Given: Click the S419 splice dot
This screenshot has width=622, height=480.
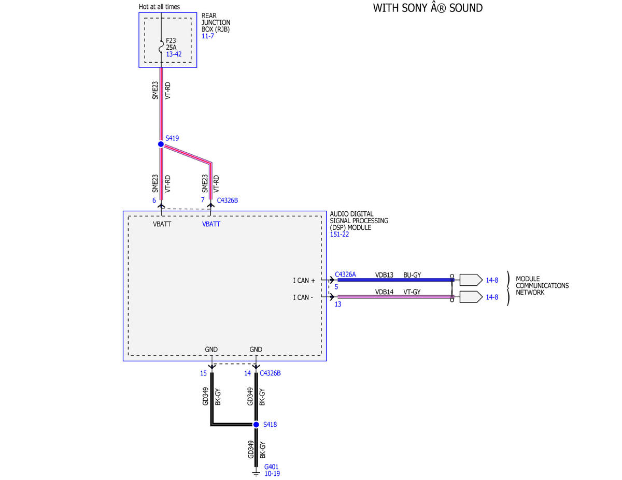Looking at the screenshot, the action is [161, 144].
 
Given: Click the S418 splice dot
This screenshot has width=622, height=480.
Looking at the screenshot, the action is [256, 425].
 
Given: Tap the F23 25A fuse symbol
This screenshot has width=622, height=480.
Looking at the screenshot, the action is [161, 47].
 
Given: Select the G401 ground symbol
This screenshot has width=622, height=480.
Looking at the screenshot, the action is [256, 473].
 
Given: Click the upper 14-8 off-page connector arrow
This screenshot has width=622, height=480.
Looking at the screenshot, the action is [471, 280].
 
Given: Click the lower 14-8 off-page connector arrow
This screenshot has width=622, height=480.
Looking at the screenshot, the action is [471, 297].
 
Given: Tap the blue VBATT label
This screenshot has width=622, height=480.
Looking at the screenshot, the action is [211, 224].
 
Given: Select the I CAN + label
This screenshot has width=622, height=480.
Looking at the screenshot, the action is [304, 281].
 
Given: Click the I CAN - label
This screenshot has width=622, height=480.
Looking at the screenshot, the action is [303, 297].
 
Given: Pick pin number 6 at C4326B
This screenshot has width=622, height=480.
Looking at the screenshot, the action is [154, 200].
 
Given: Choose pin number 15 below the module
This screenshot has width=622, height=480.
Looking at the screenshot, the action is [203, 373].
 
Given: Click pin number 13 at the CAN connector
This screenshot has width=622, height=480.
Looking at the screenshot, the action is [338, 304].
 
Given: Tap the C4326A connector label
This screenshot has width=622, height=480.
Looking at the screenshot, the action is [345, 274].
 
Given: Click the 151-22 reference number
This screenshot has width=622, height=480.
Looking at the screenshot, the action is [340, 235].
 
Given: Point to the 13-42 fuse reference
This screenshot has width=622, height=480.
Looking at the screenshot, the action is [174, 54].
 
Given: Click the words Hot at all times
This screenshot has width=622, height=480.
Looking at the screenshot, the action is [159, 7].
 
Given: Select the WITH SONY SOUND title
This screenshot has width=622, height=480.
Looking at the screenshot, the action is [428, 8].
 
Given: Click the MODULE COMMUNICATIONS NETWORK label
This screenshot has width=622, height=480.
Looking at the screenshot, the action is [542, 286].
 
